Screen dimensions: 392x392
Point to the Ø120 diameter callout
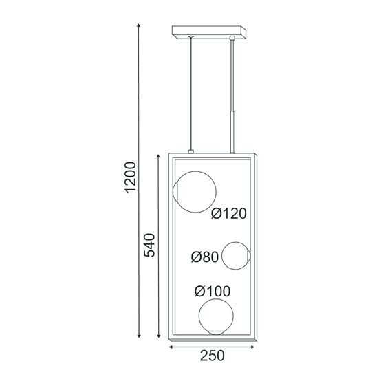(x=229, y=214)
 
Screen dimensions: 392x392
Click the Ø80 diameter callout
(x=205, y=257)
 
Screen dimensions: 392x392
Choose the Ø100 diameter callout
(x=213, y=291)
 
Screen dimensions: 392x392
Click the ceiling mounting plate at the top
(x=208, y=31)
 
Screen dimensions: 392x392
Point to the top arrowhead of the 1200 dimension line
(x=140, y=24)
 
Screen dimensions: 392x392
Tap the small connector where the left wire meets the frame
(x=190, y=151)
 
